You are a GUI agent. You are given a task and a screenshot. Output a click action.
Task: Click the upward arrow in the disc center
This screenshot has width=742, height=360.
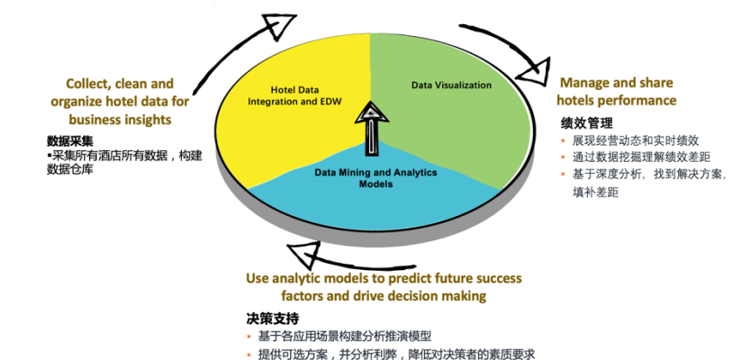coord(372,129)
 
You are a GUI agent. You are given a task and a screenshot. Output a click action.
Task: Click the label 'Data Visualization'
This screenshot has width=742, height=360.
coord(451,85)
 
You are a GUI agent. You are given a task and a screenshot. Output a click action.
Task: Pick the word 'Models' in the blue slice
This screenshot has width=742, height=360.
coord(376,184)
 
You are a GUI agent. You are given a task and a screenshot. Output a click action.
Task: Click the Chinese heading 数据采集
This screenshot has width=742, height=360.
coord(70,141)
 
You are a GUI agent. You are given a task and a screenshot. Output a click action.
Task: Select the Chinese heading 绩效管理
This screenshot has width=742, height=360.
coord(586,123)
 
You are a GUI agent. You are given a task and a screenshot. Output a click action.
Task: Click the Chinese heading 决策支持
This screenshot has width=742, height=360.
coord(273,318)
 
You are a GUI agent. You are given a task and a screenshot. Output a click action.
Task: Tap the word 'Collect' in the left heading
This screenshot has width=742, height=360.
coord(88,85)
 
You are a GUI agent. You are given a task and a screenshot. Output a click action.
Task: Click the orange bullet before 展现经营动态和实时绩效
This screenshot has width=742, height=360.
coord(563,140)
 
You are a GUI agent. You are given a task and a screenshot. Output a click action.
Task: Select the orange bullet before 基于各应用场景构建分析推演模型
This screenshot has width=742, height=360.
coord(249,337)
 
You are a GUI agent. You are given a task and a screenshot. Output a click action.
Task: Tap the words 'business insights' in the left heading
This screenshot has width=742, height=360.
coord(120,119)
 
